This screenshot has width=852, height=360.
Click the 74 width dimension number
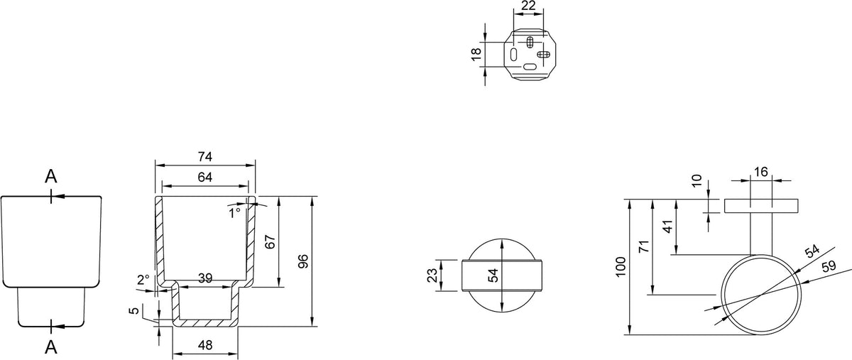[205, 157]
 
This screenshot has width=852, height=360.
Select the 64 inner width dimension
[205, 178]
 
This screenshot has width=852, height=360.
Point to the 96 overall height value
[303, 261]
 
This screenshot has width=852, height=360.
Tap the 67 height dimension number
[270, 242]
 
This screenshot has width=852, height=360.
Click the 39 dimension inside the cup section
[205, 278]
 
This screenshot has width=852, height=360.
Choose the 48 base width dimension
[205, 345]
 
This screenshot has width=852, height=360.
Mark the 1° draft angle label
[235, 213]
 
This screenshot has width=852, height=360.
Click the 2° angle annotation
[143, 280]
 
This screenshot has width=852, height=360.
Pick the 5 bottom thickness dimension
[134, 310]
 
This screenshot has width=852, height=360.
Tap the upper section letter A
[51, 177]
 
